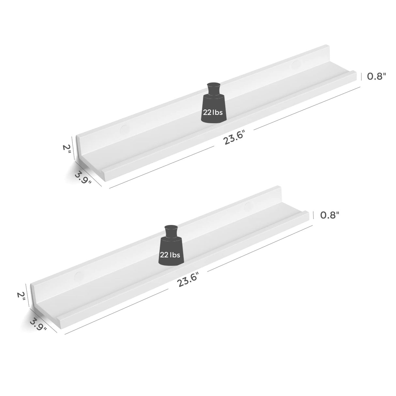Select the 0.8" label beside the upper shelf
click(x=377, y=76)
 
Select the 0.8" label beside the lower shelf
click(x=330, y=215)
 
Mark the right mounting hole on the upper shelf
click(x=296, y=64)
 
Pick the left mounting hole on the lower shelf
click(x=79, y=277)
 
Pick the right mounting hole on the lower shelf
click(x=249, y=207)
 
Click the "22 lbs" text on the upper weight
click(x=213, y=113)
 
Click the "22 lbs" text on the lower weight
click(x=170, y=255)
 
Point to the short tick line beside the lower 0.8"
click(x=314, y=215)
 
